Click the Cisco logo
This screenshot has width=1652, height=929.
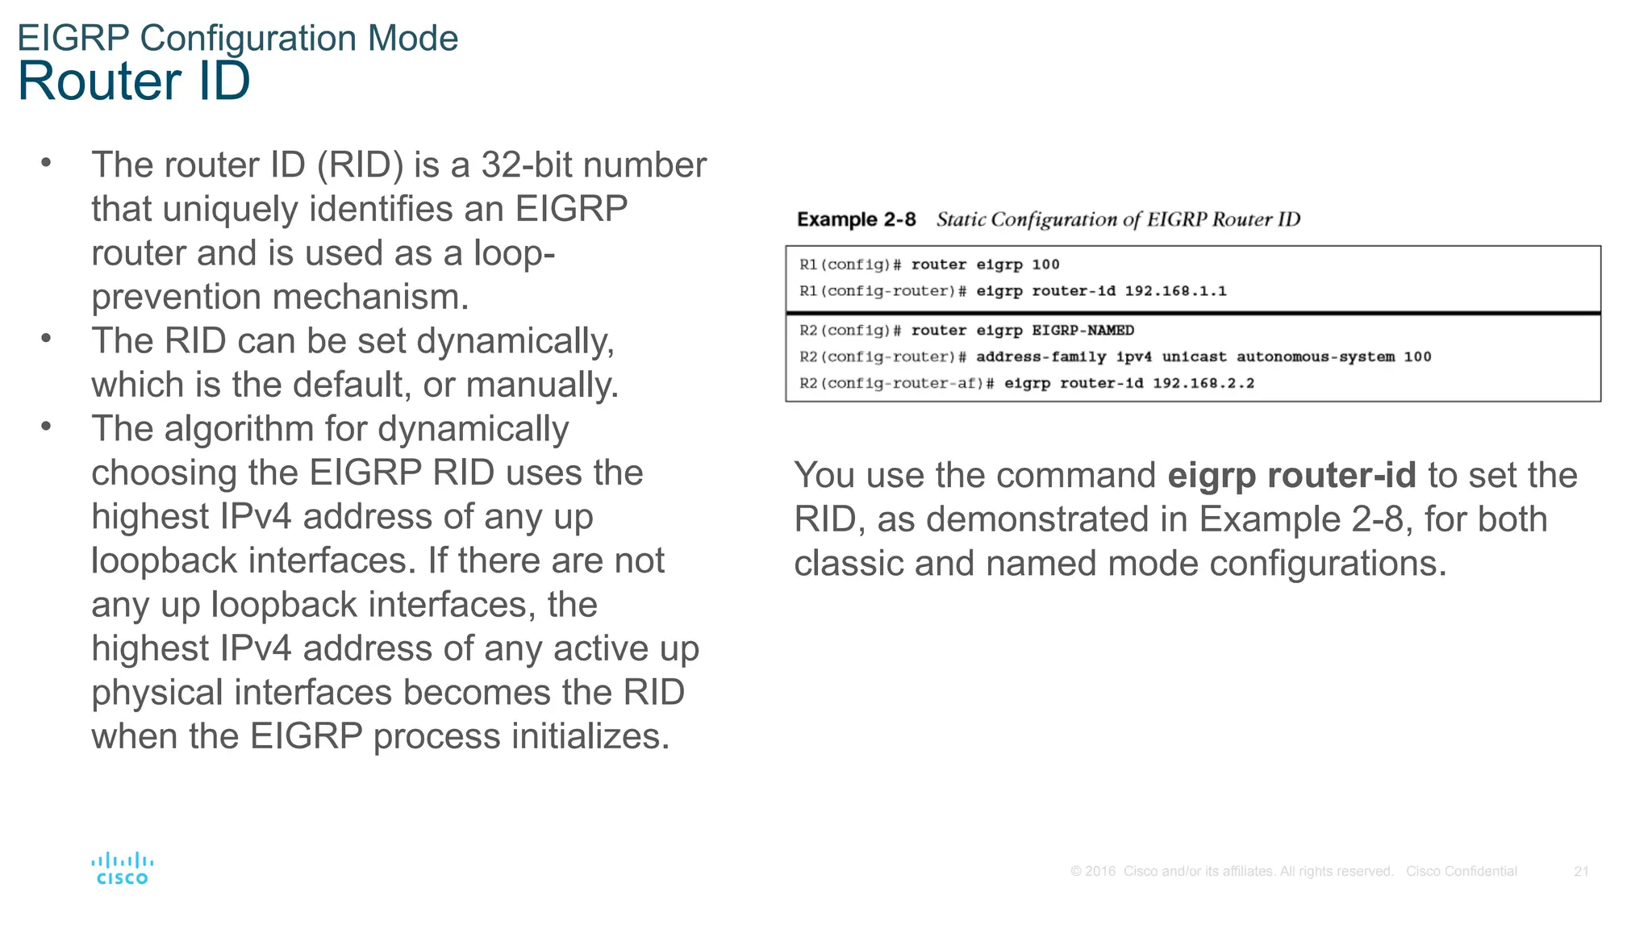pyautogui.click(x=122, y=869)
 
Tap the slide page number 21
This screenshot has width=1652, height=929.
pyautogui.click(x=1581, y=871)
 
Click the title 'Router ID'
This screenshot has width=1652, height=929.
pyautogui.click(x=134, y=81)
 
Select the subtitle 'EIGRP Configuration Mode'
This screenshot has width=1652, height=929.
pyautogui.click(x=238, y=38)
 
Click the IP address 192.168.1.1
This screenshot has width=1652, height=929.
pyautogui.click(x=1175, y=291)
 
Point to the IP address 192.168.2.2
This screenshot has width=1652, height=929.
pyautogui.click(x=1203, y=383)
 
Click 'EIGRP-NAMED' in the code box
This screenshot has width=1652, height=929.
pyautogui.click(x=1083, y=331)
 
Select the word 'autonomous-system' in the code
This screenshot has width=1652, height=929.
pyautogui.click(x=1315, y=356)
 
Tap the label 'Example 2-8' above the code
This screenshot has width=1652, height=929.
pyautogui.click(x=856, y=219)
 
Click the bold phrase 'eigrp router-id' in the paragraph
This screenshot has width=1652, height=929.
pyautogui.click(x=1291, y=475)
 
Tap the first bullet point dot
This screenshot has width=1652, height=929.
pyautogui.click(x=46, y=163)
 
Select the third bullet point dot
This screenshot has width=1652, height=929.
pyautogui.click(x=46, y=427)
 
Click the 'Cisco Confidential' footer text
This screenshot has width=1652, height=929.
pyautogui.click(x=1461, y=871)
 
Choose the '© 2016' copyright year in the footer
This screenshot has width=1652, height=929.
pyautogui.click(x=1093, y=871)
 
